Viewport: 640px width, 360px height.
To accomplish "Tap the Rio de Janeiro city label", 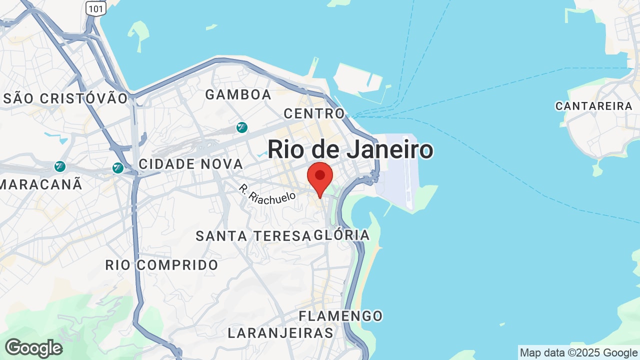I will coord(350,149).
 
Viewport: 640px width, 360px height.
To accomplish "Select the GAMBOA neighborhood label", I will coord(238,94).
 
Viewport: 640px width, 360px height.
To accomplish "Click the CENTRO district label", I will coord(314,113).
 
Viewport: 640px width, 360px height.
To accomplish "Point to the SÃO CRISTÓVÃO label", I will coord(65,98).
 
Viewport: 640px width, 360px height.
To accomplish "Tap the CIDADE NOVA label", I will coord(190,164).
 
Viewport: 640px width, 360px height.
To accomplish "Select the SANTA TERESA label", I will coord(253,236).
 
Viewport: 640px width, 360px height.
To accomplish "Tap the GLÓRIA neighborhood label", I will coord(342,235).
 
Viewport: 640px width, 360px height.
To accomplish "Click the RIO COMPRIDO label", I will coord(161,265).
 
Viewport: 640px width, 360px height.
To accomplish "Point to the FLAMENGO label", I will coord(340,316).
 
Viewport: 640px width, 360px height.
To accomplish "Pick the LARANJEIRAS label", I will coord(280,332).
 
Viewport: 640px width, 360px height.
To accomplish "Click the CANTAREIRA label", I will coord(594,106).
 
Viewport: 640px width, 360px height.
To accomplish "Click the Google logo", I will coord(33,348).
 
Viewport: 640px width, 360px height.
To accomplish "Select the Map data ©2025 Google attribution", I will coord(578,353).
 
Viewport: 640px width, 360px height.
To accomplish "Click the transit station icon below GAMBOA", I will coord(242,127).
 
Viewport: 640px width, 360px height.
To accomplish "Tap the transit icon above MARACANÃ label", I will coord(60,166).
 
